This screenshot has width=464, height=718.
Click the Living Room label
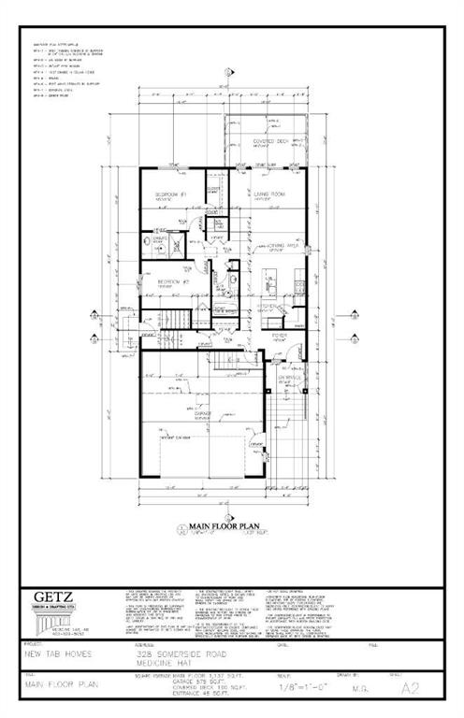(x=269, y=194)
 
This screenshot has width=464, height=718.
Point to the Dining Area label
(x=276, y=245)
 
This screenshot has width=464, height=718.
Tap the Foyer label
(x=279, y=334)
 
